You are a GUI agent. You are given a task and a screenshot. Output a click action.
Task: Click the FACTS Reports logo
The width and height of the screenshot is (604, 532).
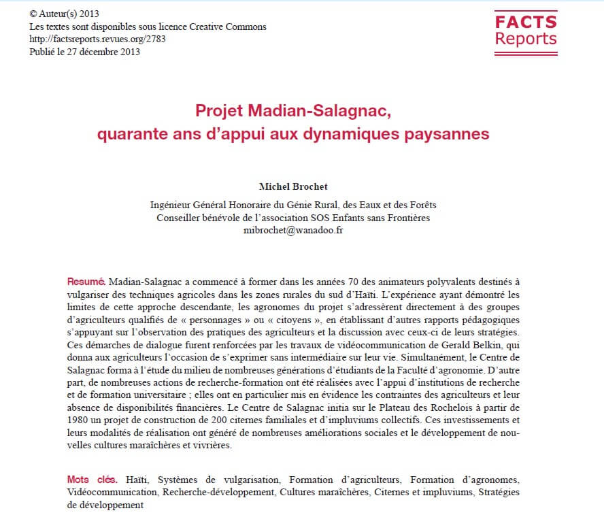[x=525, y=31]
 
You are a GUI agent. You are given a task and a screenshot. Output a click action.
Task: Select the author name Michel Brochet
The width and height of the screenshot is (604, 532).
[x=292, y=186]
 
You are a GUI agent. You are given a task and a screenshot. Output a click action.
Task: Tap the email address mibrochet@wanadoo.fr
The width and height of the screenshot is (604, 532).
[x=293, y=230]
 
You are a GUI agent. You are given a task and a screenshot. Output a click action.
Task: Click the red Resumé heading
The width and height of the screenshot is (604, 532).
[x=86, y=281]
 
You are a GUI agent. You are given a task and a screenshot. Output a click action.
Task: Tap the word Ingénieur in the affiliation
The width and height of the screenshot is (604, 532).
[x=171, y=205]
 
